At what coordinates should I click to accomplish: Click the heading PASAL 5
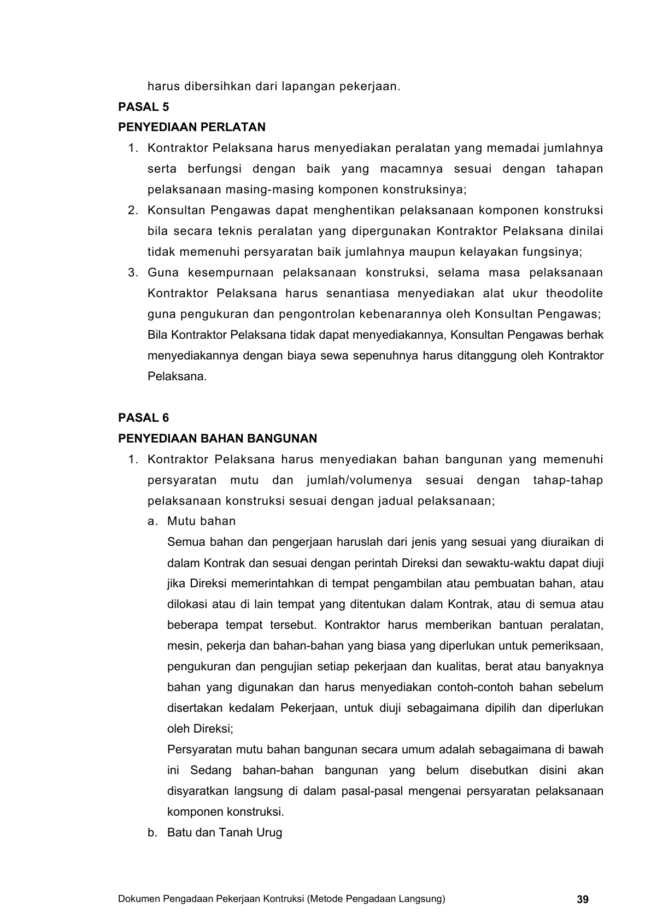144,107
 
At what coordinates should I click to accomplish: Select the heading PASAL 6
144,418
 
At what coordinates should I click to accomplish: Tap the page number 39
583,899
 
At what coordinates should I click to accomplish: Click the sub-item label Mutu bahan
201,521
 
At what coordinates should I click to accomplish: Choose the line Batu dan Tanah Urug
224,833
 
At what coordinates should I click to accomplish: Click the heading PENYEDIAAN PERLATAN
192,127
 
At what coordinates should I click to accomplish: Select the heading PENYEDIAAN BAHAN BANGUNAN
218,439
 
